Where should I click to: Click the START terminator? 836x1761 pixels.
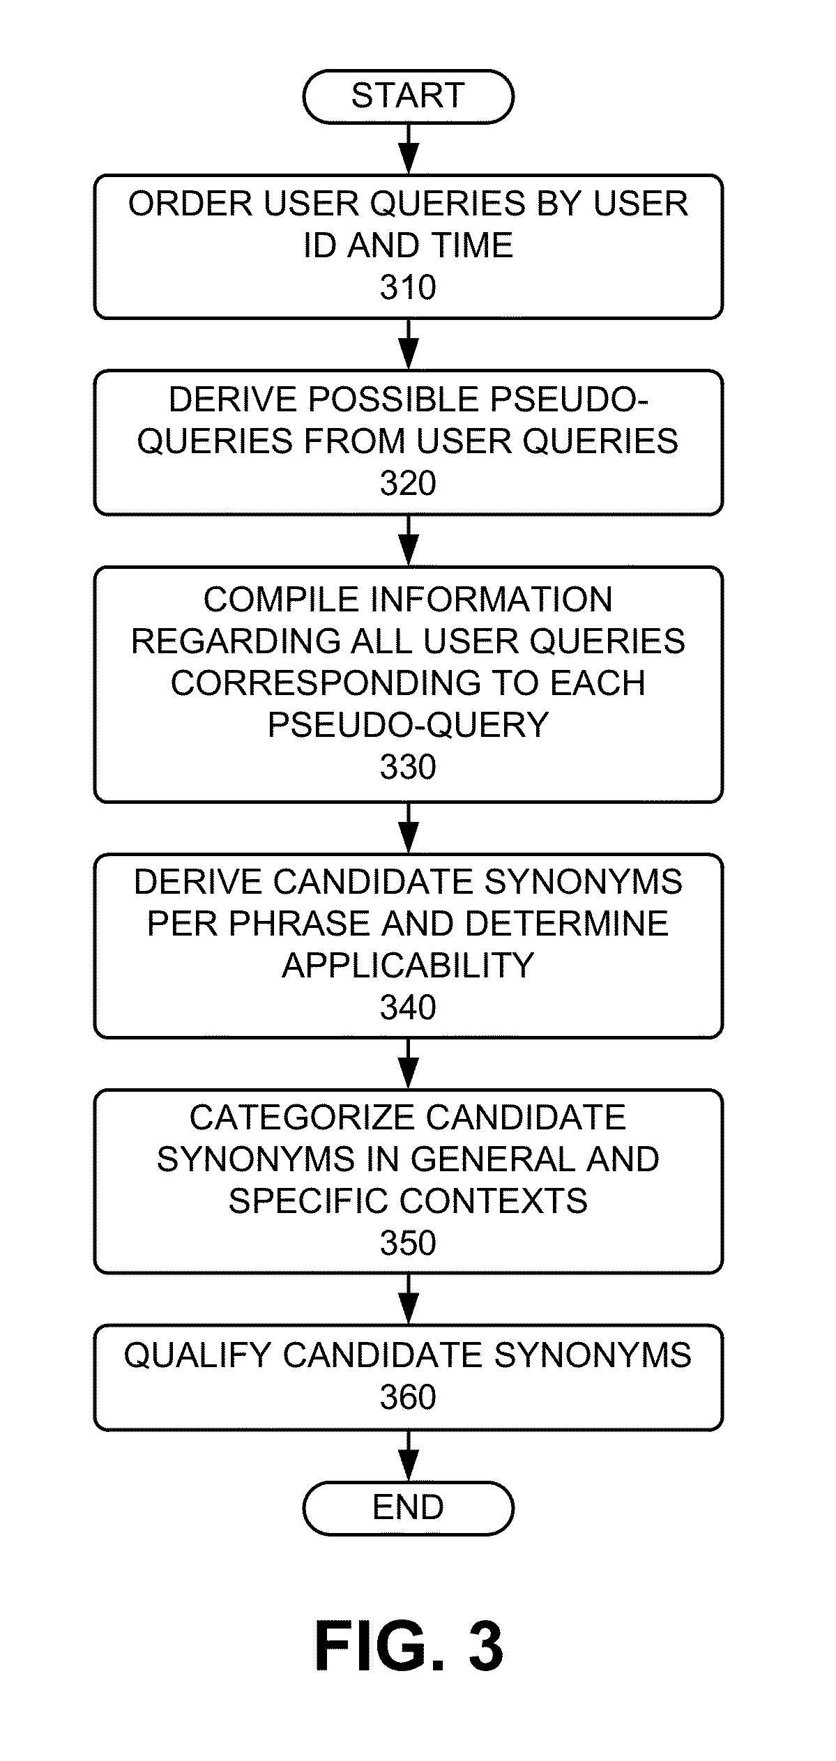coord(408,96)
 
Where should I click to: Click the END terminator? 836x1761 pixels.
coord(408,1508)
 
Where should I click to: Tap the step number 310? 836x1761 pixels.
coord(408,287)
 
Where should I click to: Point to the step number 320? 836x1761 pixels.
coord(408,483)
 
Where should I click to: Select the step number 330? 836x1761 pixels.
coord(408,767)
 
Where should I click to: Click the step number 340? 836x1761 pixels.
coord(408,1007)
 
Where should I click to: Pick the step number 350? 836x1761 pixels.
coord(408,1243)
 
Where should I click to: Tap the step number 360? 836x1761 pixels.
coord(408,1397)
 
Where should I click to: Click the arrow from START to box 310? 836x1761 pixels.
coord(409,149)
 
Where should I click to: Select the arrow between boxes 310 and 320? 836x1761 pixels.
coord(409,344)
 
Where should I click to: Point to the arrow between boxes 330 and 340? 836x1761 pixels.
coord(409,828)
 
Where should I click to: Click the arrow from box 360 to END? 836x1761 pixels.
coord(409,1456)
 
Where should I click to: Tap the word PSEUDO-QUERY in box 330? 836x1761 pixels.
coord(408,725)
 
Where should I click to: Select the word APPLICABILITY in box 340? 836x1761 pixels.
coord(408,966)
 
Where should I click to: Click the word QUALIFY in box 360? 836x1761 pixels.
coord(197,1355)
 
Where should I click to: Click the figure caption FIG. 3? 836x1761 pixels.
coord(409,1646)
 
